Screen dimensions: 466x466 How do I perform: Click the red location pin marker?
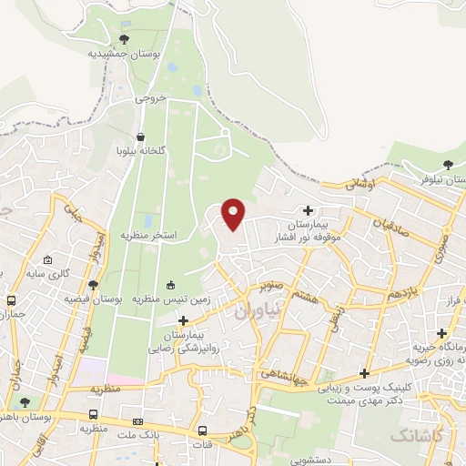pyautogui.click(x=233, y=213)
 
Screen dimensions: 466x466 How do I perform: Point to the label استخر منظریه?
pyautogui.click(x=150, y=235)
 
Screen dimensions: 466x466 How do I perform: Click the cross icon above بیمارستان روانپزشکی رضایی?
pyautogui.click(x=185, y=320)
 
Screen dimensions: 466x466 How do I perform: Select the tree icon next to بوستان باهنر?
pyautogui.click(x=24, y=401)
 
